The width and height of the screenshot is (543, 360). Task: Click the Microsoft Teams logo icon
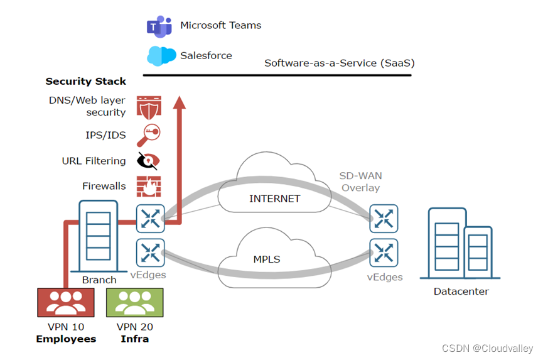coord(159,26)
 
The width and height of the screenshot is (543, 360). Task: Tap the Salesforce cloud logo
coord(161,56)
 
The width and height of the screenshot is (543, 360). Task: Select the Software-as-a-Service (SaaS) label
coord(339,63)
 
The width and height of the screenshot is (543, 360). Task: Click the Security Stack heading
coord(85,82)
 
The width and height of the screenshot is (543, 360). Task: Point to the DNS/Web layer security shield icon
coord(149,106)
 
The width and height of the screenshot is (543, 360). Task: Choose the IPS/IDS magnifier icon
coord(149,134)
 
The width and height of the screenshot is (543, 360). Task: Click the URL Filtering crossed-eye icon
coord(148,161)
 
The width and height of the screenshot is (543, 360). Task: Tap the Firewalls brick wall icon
coord(149,186)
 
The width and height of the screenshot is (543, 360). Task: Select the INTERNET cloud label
coord(275,199)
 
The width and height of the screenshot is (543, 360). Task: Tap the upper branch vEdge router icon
coord(150,219)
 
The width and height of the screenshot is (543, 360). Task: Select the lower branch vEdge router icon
coord(150,253)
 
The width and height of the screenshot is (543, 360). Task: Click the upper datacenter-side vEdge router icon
coord(384,219)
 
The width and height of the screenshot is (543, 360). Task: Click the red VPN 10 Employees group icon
coord(66,302)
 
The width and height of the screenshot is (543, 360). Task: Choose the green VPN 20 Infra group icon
coord(134,302)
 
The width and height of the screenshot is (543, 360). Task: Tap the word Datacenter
coord(461,292)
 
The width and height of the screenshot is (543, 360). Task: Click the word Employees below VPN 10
coord(66,339)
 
